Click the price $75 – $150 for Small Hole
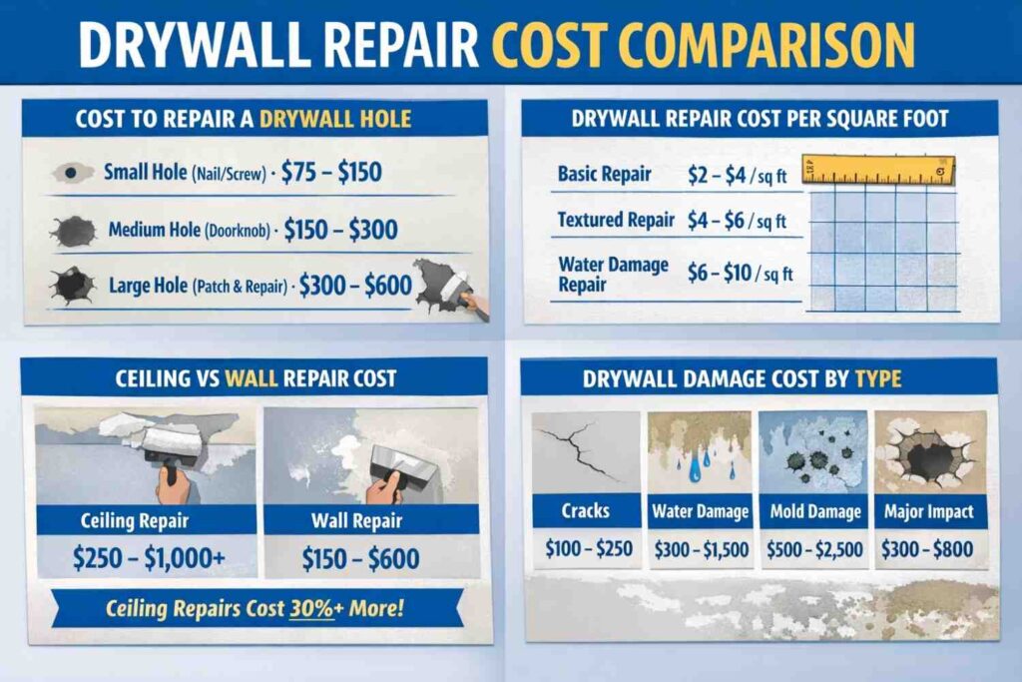(331, 172)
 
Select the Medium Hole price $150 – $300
(340, 231)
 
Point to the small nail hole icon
(72, 173)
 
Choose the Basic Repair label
(604, 174)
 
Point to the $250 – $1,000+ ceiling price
(148, 558)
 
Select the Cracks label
(585, 511)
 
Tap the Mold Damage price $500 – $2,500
(814, 548)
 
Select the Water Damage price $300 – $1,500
(700, 548)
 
